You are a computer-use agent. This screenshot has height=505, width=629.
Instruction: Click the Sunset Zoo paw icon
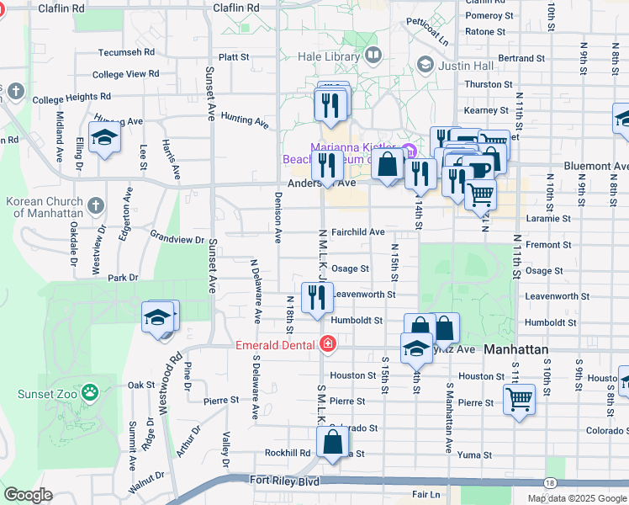click(x=90, y=392)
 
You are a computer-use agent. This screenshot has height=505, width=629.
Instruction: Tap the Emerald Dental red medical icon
click(x=327, y=343)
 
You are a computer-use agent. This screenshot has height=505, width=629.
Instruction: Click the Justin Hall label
click(x=464, y=66)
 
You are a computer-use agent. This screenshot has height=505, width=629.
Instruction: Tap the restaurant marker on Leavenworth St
click(x=316, y=298)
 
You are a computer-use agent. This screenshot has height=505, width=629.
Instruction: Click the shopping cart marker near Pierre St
click(x=519, y=398)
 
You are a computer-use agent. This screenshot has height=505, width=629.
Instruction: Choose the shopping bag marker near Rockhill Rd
click(x=333, y=442)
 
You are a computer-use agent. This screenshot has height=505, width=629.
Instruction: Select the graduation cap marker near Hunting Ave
click(x=104, y=138)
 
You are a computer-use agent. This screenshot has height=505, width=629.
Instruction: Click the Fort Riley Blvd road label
click(x=285, y=481)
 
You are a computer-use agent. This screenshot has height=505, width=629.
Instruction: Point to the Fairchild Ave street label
click(x=357, y=231)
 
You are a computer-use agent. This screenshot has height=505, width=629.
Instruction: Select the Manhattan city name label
click(x=516, y=349)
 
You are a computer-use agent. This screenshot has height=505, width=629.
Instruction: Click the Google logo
click(x=28, y=495)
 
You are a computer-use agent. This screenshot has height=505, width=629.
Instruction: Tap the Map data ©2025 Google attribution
click(x=576, y=498)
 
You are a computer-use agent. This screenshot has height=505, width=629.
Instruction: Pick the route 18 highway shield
click(x=549, y=483)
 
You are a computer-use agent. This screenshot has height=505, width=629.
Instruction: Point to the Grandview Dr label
click(x=177, y=238)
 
